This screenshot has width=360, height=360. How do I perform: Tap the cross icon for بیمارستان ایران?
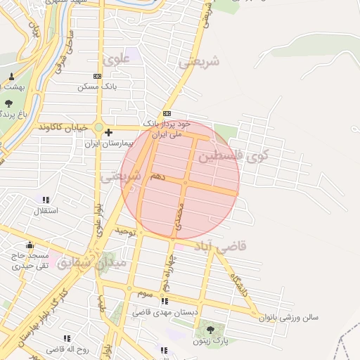[x=108, y=131]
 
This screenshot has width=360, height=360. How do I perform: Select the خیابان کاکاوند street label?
[x=65, y=127]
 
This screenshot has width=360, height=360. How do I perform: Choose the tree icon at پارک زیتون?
[x=209, y=329]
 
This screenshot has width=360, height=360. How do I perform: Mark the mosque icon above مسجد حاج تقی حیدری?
[x=30, y=245]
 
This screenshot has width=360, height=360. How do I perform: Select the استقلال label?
[x=46, y=210]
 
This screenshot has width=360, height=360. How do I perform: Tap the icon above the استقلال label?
[x=46, y=200]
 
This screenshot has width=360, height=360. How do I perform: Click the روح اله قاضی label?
[x=67, y=349]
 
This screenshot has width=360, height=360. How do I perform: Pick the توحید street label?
[x=124, y=231]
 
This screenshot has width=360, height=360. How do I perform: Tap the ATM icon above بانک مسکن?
[x=97, y=76]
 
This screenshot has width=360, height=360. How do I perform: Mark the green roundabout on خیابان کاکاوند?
[x=98, y=127]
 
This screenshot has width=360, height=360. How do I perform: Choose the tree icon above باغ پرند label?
[x=8, y=103]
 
